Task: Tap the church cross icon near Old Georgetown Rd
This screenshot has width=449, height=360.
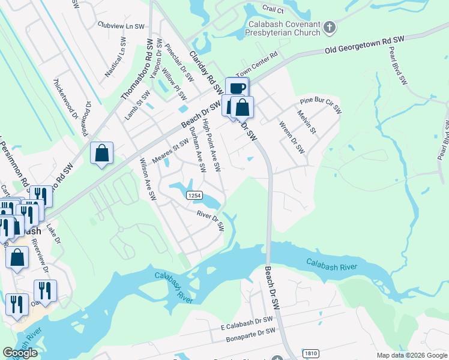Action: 329,27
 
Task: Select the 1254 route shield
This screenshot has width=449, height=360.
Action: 193,196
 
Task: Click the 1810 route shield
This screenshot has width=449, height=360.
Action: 310,353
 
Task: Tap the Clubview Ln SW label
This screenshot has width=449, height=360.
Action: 121,26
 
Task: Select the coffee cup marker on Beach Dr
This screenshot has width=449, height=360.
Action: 237,88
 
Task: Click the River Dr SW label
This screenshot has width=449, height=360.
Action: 210,220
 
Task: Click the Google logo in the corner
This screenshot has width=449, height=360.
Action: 20,353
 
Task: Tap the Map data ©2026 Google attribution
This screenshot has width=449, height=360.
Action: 411,355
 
